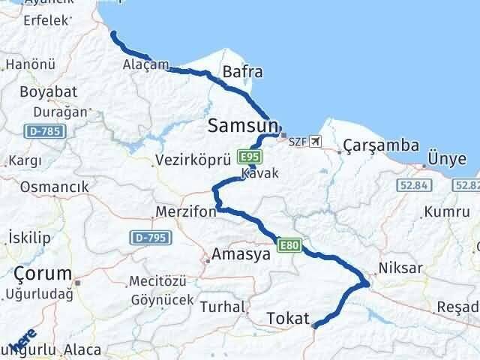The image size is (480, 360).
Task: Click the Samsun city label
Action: click(243, 124)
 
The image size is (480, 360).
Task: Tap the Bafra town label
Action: click(242, 73)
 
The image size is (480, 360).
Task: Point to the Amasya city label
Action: click(241, 255)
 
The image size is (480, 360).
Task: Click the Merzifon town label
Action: click(186, 212)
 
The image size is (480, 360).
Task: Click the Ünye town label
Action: click(446, 158)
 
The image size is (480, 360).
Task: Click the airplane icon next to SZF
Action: click(313, 141)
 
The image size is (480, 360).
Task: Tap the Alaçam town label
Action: click(145, 64)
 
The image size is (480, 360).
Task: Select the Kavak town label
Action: click(260, 173)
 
